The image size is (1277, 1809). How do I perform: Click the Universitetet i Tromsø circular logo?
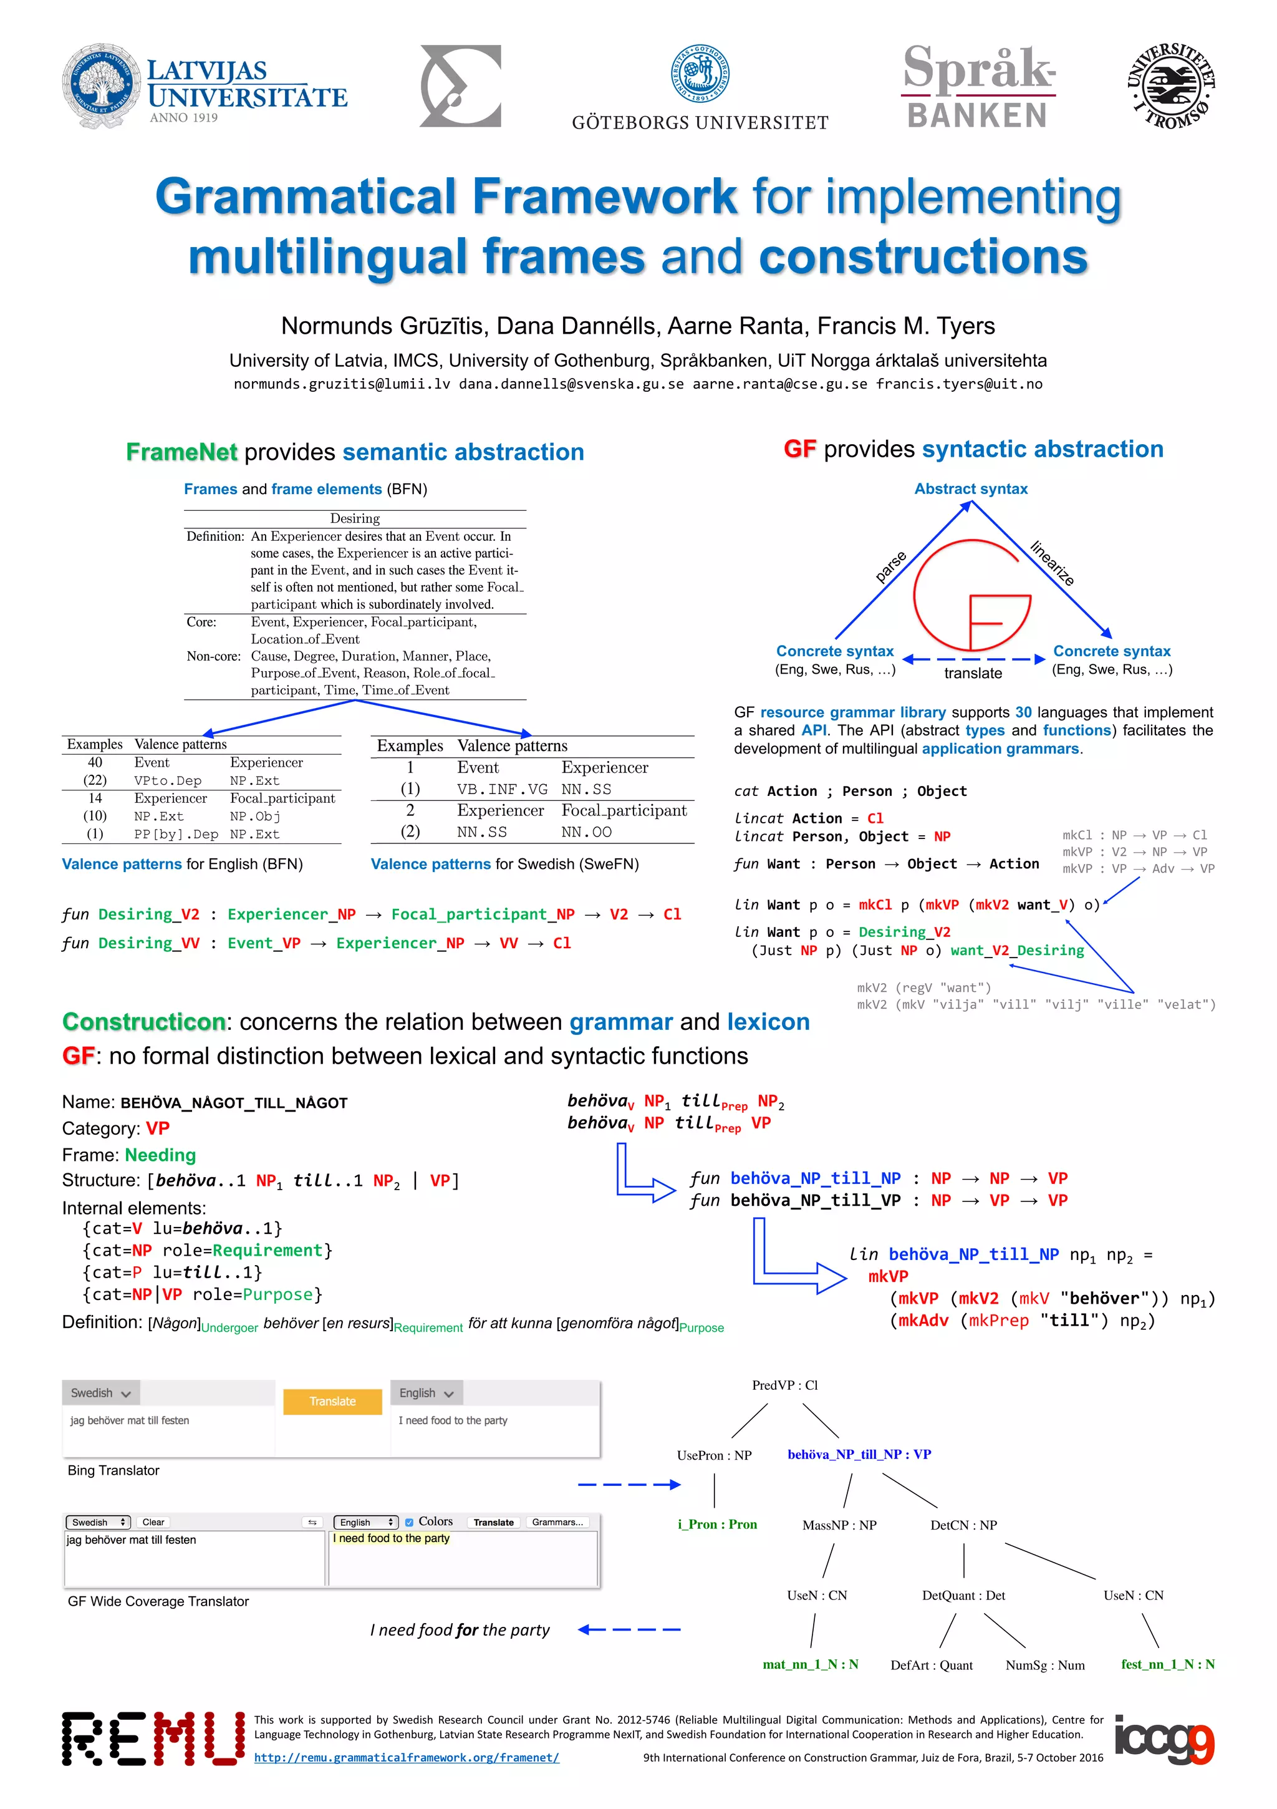pyautogui.click(x=1170, y=87)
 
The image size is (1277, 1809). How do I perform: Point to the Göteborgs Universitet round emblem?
pyautogui.click(x=700, y=72)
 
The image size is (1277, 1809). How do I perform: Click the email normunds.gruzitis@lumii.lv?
pyautogui.click(x=342, y=384)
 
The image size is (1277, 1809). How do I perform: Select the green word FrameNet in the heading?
pyautogui.click(x=181, y=452)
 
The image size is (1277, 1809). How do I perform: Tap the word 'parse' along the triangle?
pyautogui.click(x=890, y=566)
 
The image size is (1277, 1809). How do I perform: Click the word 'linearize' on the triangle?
pyautogui.click(x=1053, y=563)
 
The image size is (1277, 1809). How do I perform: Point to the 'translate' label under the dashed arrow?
pyautogui.click(x=973, y=673)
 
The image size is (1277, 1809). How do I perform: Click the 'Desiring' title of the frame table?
pyautogui.click(x=355, y=518)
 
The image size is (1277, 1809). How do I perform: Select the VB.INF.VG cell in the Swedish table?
pyautogui.click(x=502, y=788)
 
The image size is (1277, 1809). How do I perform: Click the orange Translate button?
pyautogui.click(x=332, y=1401)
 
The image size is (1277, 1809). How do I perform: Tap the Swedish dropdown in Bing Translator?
pyautogui.click(x=101, y=1393)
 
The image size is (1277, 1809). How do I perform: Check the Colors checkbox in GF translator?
pyautogui.click(x=409, y=1522)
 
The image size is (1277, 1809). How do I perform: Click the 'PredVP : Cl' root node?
pyautogui.click(x=784, y=1385)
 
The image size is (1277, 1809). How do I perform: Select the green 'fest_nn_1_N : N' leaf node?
pyautogui.click(x=1167, y=1664)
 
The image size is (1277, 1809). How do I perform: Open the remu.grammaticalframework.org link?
pyautogui.click(x=407, y=1757)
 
